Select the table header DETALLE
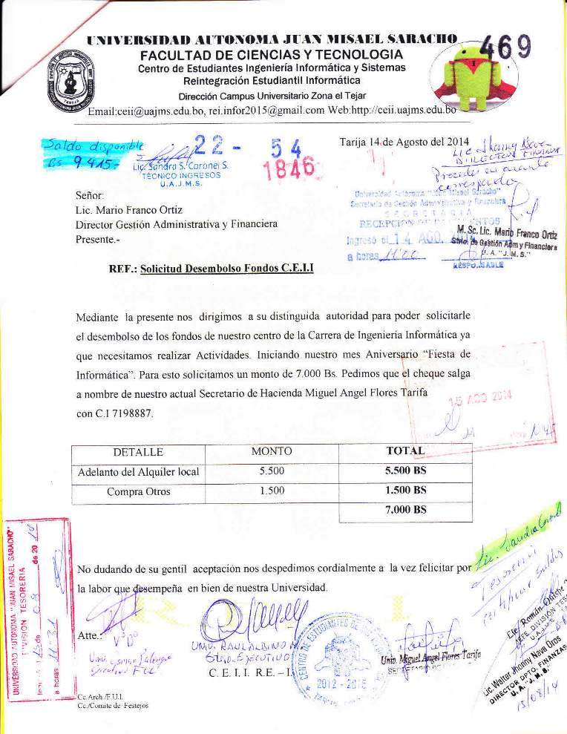pos(138,452)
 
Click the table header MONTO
pos(272,451)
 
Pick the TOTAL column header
pos(405,451)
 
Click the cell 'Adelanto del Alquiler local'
pos(139,471)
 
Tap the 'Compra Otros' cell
pos(139,491)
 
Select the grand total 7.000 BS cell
pos(406,510)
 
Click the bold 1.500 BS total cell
pos(406,491)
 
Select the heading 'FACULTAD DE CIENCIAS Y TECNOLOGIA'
pos(272,56)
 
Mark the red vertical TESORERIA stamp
pos(33,609)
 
